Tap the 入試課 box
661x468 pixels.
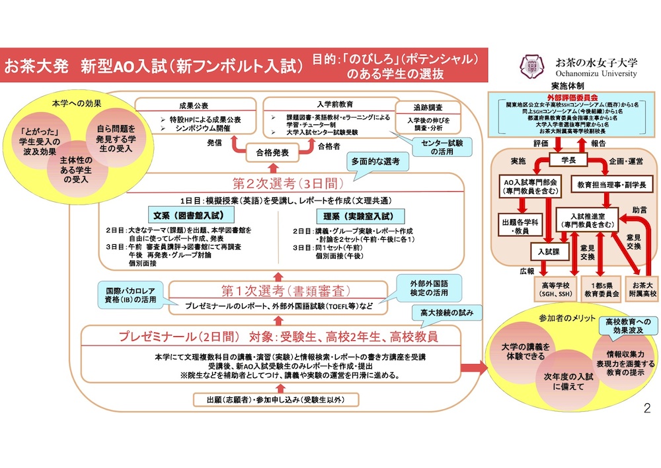pyautogui.click(x=549, y=251)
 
